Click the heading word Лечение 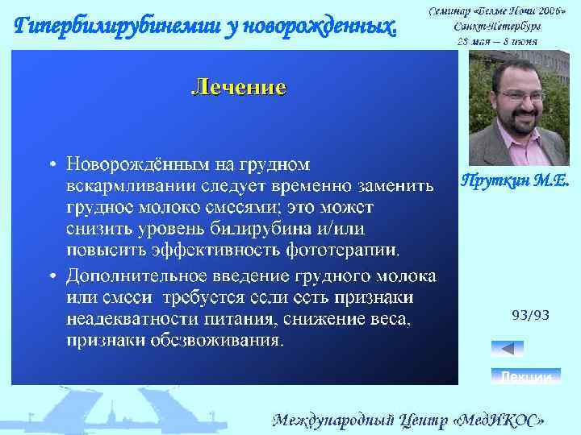tap(238, 87)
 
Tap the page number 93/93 tap(530, 315)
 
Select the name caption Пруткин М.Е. tap(514, 181)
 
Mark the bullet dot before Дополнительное tap(52, 276)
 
